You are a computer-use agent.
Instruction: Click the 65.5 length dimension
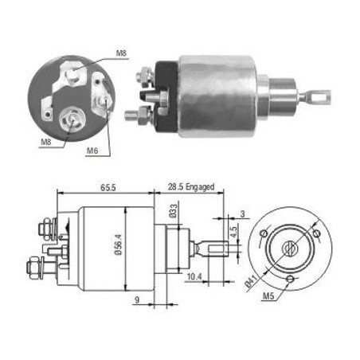click(108, 187)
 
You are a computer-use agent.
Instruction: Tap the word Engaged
click(200, 187)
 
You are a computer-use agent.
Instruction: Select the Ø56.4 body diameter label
click(118, 245)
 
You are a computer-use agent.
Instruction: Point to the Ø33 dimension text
click(173, 211)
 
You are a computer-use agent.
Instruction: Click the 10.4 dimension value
click(194, 276)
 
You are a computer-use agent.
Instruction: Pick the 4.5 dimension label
click(233, 232)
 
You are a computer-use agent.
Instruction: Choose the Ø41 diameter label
click(251, 281)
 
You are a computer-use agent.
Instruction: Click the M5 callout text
click(268, 295)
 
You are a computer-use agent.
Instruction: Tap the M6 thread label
click(92, 151)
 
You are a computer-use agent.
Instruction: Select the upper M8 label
click(121, 53)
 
